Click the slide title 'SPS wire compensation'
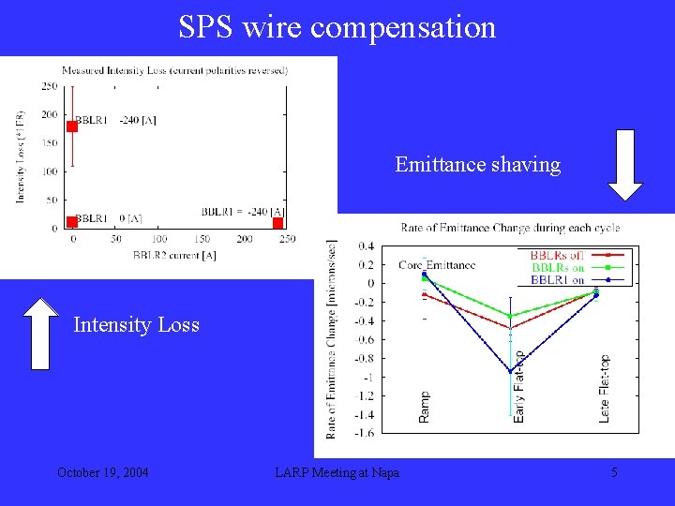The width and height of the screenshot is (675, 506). [337, 27]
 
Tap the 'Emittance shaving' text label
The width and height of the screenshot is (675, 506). [477, 165]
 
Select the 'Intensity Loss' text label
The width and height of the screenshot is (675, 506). [136, 325]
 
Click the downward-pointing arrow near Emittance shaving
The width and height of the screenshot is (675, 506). [625, 166]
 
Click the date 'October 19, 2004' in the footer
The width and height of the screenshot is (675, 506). [102, 472]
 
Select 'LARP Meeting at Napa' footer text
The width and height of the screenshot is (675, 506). [337, 472]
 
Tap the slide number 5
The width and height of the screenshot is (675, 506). [614, 472]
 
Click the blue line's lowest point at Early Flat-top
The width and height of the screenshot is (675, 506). [510, 371]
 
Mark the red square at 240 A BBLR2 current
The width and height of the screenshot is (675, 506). [277, 222]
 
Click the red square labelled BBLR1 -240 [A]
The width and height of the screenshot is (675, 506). [73, 126]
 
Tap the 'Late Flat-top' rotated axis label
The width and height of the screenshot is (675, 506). [605, 388]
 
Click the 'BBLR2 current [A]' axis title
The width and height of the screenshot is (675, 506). [174, 255]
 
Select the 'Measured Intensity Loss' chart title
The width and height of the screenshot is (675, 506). [174, 70]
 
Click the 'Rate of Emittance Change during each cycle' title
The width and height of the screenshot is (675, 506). [510, 228]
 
